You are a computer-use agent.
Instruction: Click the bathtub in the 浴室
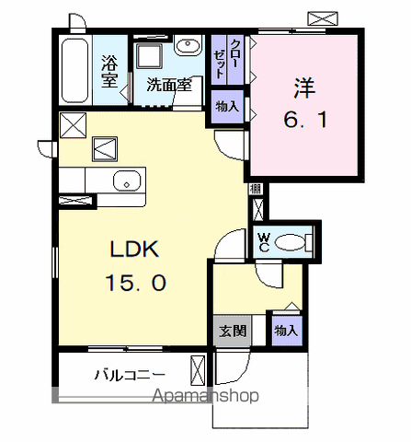point(75,70)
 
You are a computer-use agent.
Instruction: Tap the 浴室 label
point(109,71)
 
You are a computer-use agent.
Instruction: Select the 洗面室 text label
point(169,85)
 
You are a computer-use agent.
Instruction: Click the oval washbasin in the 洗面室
point(188,45)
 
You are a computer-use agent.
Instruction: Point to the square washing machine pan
point(149,56)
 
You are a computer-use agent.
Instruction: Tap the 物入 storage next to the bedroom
point(227,107)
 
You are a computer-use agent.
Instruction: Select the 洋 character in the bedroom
point(304,88)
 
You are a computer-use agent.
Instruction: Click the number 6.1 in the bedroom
point(306,120)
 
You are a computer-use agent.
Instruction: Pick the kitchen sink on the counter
point(127,181)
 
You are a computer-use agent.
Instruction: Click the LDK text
point(135,249)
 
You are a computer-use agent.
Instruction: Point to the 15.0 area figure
point(136,283)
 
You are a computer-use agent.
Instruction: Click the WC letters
point(264,242)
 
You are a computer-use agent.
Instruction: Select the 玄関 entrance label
point(233,331)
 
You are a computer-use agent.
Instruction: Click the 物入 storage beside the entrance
point(286,331)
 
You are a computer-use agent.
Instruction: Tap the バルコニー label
point(130,375)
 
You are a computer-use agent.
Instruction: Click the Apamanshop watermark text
point(206,395)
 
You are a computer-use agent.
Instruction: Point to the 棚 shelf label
point(255,189)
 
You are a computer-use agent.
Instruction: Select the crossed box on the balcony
point(198,370)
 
